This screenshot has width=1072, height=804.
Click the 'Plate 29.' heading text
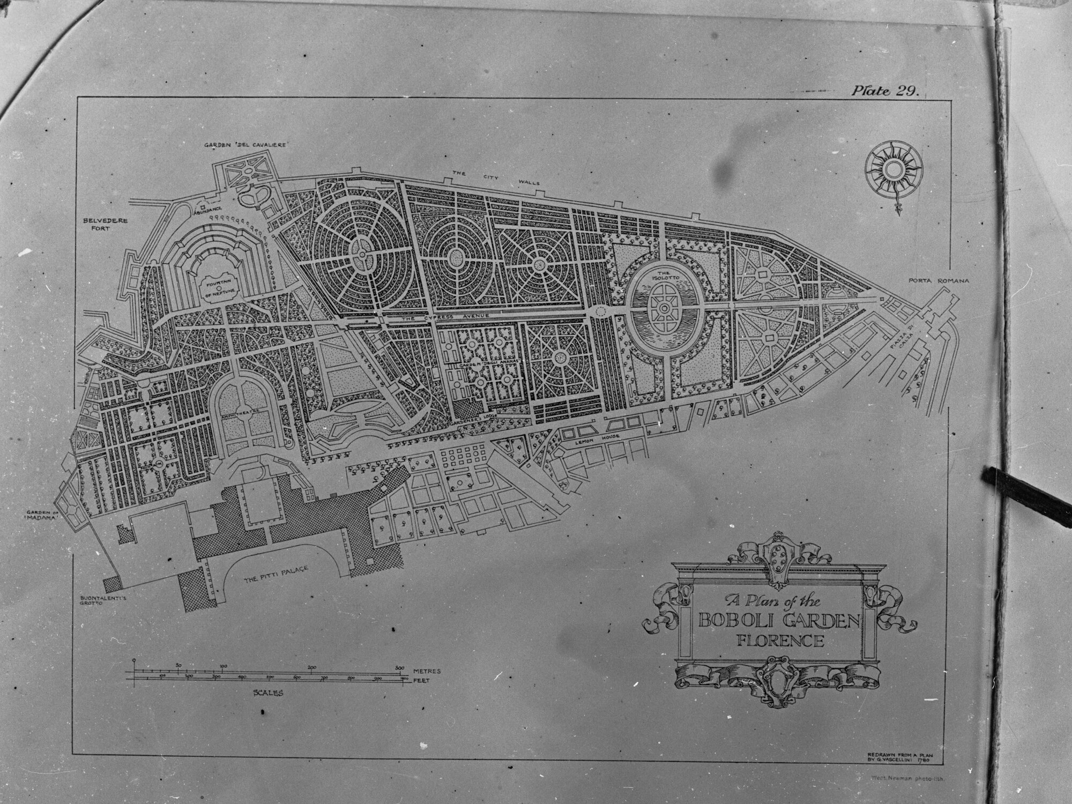click(x=885, y=91)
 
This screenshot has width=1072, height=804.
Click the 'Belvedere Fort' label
click(x=105, y=224)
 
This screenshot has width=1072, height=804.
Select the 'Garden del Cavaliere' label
click(x=247, y=145)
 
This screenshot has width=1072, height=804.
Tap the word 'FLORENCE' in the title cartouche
click(x=780, y=641)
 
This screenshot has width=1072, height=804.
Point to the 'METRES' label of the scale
click(x=428, y=671)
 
